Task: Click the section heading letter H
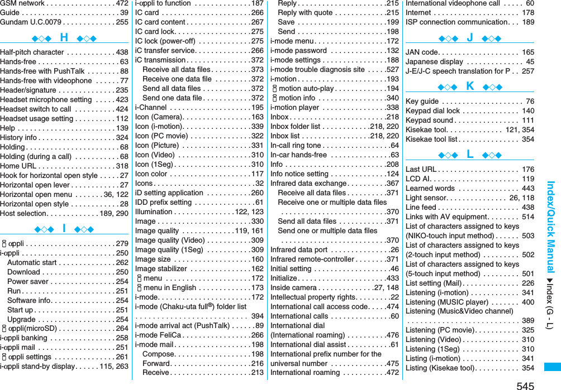coord(64,38)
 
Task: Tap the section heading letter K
coord(469,86)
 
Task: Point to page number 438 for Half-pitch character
coord(121,52)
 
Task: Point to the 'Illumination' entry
coord(154,211)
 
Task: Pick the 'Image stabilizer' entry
coord(162,268)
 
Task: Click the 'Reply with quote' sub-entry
coord(305,12)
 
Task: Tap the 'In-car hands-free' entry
coord(298,155)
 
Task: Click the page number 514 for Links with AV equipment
coord(527,216)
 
